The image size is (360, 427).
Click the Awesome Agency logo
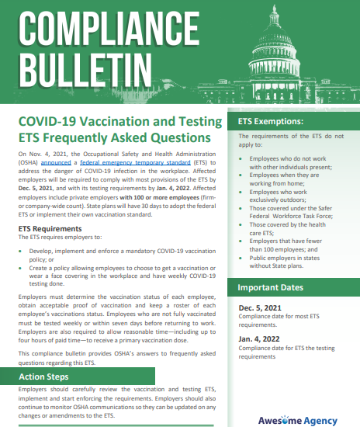[297, 420]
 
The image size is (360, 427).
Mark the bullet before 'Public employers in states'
[242, 260]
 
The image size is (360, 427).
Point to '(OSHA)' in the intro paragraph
[28, 165]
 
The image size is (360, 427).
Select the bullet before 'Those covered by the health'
[242, 223]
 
